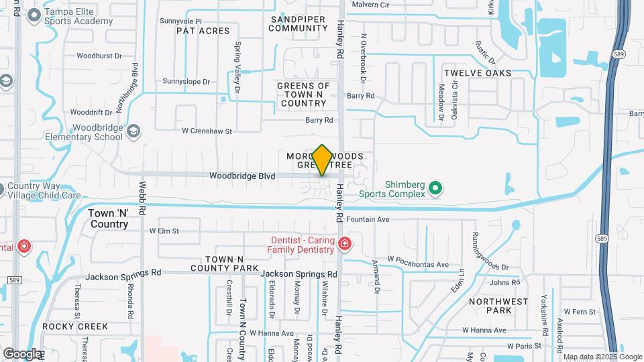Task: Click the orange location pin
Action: point(322,160)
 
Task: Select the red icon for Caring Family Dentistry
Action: point(344,243)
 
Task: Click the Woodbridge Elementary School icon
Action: point(133,130)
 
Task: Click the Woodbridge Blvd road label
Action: point(242,176)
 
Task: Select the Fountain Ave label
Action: point(368,219)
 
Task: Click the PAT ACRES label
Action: point(203,31)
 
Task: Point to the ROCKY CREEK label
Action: point(74,326)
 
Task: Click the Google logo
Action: point(22,353)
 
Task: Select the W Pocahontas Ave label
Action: point(418,265)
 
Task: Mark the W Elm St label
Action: point(164,231)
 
